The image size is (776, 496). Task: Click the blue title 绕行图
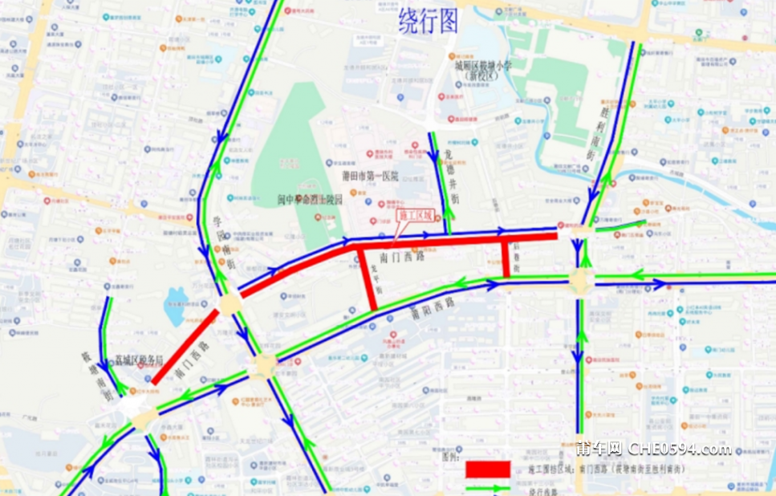pyautogui.click(x=429, y=21)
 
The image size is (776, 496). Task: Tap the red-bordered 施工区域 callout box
pyautogui.click(x=416, y=215)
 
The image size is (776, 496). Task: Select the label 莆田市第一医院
pyautogui.click(x=364, y=176)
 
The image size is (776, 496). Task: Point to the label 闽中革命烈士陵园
pyautogui.click(x=310, y=199)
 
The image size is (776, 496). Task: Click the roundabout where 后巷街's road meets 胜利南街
pyautogui.click(x=581, y=281)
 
